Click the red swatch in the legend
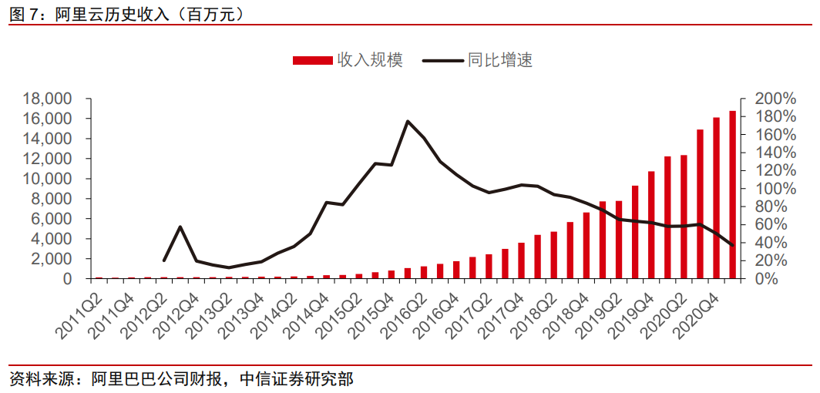[x=313, y=60]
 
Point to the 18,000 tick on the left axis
[x=48, y=99]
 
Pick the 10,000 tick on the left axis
[x=48, y=179]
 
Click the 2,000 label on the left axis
[x=52, y=259]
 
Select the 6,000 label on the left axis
[x=52, y=219]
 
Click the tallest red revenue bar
[x=732, y=195]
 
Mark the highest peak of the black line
[x=408, y=121]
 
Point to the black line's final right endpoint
[x=732, y=245]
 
